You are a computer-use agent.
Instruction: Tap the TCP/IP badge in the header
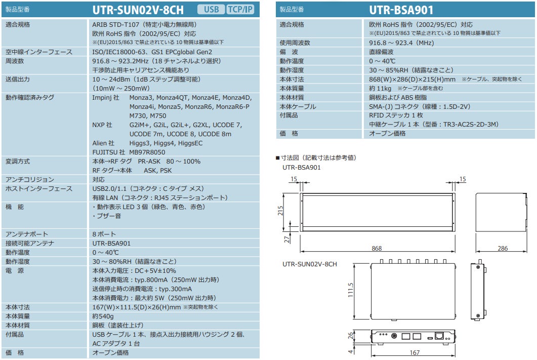[241, 10]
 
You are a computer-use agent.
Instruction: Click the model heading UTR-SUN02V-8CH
[138, 10]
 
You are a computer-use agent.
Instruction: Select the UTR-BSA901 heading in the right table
[401, 10]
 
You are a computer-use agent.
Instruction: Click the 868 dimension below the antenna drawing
[377, 248]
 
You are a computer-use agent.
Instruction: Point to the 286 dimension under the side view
[503, 248]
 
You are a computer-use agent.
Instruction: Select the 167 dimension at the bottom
[414, 353]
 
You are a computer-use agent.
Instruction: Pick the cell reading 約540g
[103, 316]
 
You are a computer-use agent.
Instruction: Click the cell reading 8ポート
[104, 234]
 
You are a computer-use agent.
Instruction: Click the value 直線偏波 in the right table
[381, 52]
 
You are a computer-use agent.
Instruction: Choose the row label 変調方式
[18, 161]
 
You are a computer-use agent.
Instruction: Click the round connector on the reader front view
[394, 336]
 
